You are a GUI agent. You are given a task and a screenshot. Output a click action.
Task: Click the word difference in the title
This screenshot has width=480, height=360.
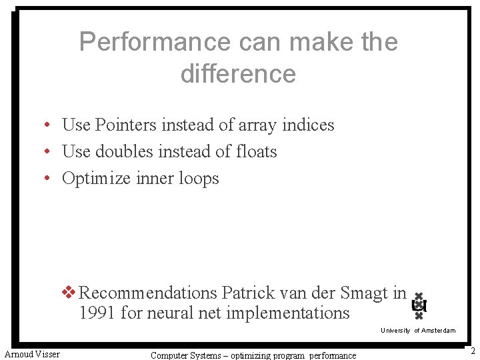[x=238, y=73]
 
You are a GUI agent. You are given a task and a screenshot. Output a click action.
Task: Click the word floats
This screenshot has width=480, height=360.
[x=256, y=152]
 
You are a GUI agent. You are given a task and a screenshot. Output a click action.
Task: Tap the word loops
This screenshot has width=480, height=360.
[x=199, y=179]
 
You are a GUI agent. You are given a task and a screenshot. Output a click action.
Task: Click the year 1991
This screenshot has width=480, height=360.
[x=97, y=312]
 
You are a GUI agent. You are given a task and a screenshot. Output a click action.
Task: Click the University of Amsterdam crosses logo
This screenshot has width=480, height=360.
[x=419, y=306]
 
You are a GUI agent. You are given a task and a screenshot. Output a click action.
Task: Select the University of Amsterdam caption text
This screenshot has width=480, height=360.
[x=418, y=331]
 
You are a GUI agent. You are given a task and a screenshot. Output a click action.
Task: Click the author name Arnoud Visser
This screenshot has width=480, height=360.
[x=32, y=353]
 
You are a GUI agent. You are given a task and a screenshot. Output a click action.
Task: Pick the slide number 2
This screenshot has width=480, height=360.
[x=472, y=351]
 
